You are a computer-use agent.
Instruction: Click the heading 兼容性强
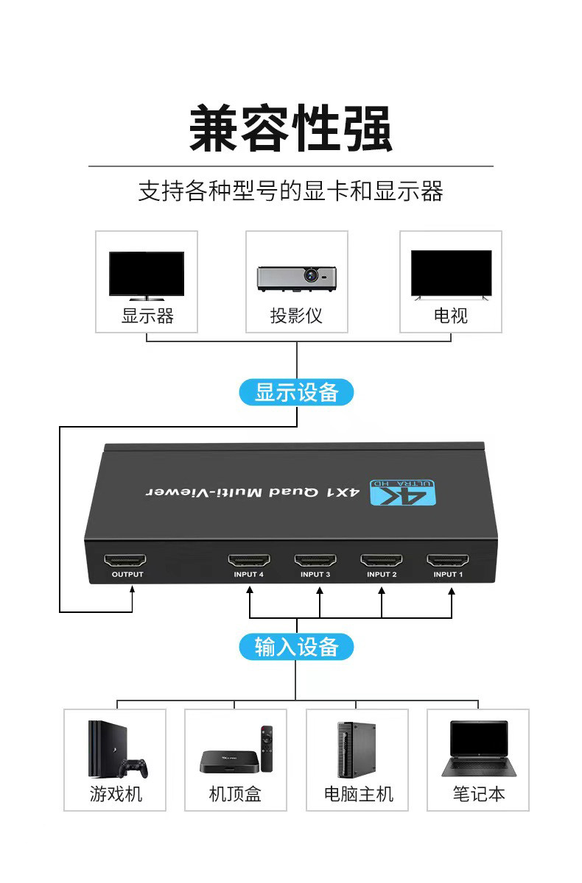pos(291,129)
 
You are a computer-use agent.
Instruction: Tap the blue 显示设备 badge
pos(296,392)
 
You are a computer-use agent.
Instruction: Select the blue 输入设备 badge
pos(296,647)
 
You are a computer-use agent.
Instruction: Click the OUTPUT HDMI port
pos(125,561)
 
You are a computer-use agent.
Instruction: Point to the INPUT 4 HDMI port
pos(249,561)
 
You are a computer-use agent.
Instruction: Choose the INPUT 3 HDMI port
pos(315,561)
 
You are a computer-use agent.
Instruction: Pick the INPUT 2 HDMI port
pos(382,561)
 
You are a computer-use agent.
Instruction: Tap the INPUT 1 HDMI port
pos(448,561)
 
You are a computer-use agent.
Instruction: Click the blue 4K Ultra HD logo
pos(404,492)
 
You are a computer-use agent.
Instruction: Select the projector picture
pos(296,277)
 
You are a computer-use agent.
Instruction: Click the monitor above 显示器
pos(147,275)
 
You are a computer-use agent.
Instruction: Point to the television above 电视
pos(451,274)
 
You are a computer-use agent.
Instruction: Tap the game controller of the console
pos(134,767)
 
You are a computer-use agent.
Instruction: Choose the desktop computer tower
pos(356,749)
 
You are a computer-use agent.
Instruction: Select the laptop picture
pos(478,748)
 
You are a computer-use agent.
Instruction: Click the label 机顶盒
pos(235,794)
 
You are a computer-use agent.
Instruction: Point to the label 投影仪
pos(296,316)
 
